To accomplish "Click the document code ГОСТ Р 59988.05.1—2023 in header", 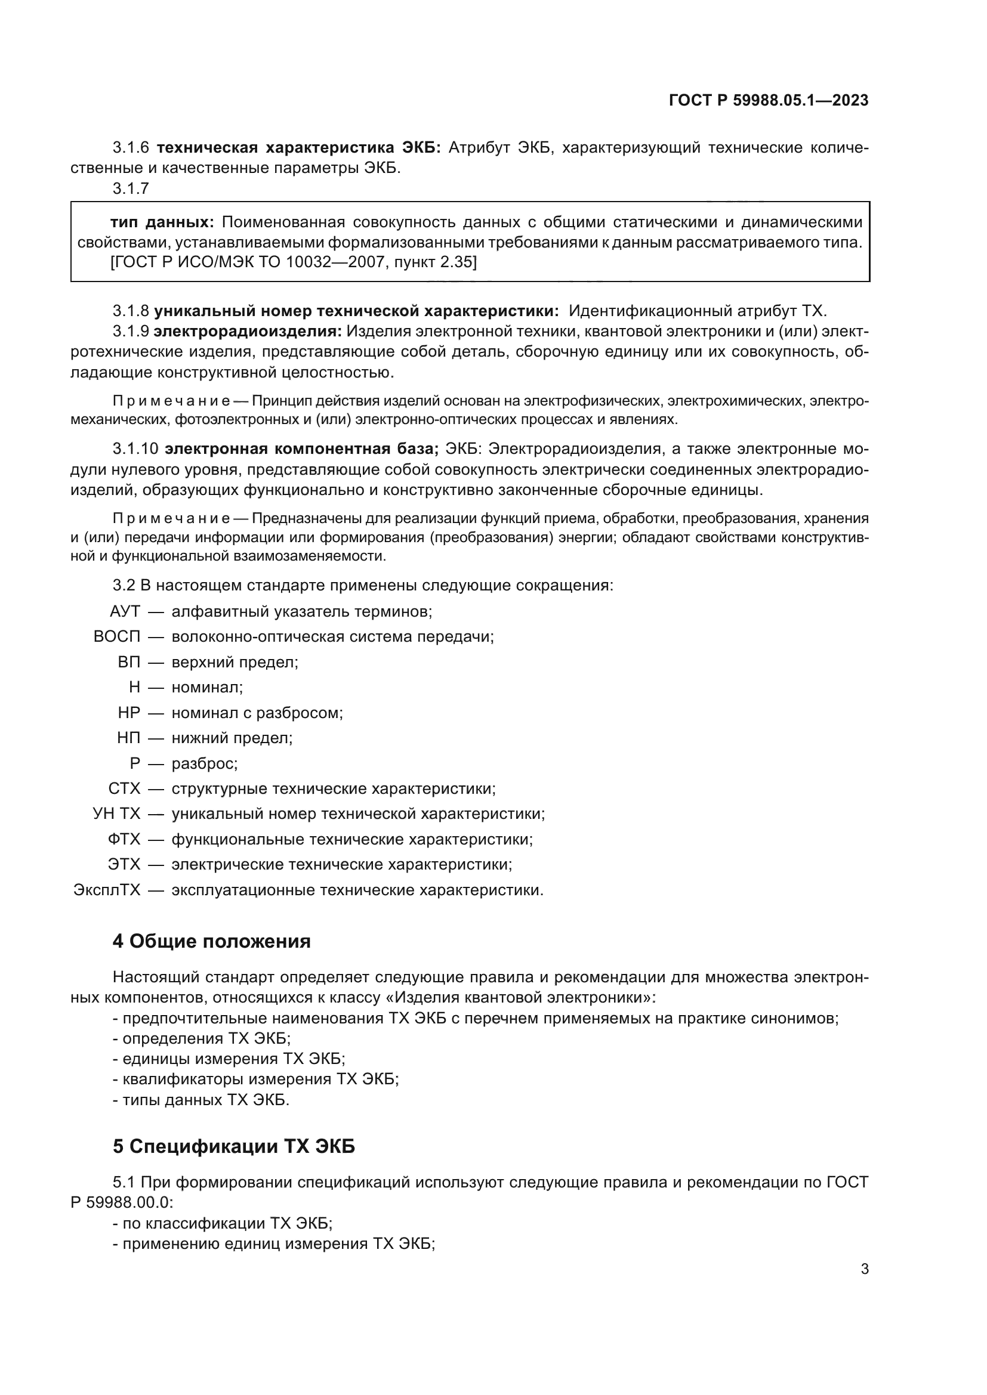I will [x=768, y=100].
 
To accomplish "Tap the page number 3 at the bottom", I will [x=864, y=1269].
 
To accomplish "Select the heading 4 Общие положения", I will [x=211, y=941].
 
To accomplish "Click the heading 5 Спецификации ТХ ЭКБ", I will [x=233, y=1146].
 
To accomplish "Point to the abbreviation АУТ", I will [x=125, y=611].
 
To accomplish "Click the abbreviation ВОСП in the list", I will [x=117, y=637].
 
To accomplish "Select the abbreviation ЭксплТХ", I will [x=107, y=890].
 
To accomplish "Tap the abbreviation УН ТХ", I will [x=117, y=814].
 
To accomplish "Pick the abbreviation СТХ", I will [x=124, y=788].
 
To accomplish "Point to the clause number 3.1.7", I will [x=131, y=189].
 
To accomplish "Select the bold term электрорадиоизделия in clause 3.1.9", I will [x=248, y=331].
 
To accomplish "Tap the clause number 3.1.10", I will [x=135, y=449].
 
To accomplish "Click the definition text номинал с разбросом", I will [x=257, y=713].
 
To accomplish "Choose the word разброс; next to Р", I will [x=205, y=764].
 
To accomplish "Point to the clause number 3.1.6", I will [x=131, y=148].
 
